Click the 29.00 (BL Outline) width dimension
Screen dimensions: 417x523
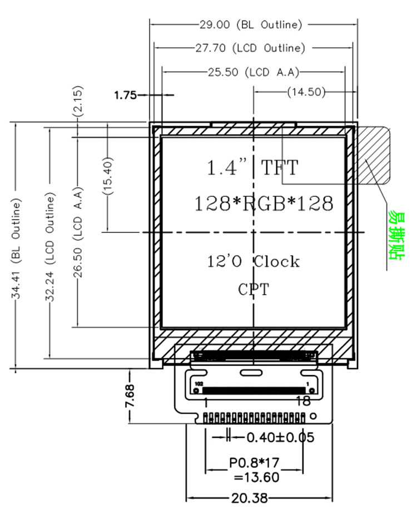tap(251, 24)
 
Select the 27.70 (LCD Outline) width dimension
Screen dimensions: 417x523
tap(250, 48)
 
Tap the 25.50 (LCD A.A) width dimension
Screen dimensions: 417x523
tap(254, 72)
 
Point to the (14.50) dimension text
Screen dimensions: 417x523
tap(306, 92)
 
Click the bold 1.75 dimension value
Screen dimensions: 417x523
tap(126, 95)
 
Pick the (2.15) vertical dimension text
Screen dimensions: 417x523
tap(77, 101)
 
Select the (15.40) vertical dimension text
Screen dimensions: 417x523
tap(108, 176)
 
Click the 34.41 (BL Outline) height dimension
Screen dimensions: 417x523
tap(16, 248)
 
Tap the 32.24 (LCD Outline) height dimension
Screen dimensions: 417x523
tap(49, 247)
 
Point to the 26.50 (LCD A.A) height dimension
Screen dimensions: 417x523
tap(77, 232)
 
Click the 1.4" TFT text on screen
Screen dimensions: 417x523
tap(252, 167)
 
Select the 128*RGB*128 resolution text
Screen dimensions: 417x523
tap(264, 203)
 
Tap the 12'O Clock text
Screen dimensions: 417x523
tap(254, 261)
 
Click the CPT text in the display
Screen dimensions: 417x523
tap(254, 289)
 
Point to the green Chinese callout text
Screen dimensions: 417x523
tap(396, 235)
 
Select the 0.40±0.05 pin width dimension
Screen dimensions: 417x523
tap(280, 437)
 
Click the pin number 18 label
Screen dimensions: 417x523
tap(303, 401)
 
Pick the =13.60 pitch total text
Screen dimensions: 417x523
tap(256, 477)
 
